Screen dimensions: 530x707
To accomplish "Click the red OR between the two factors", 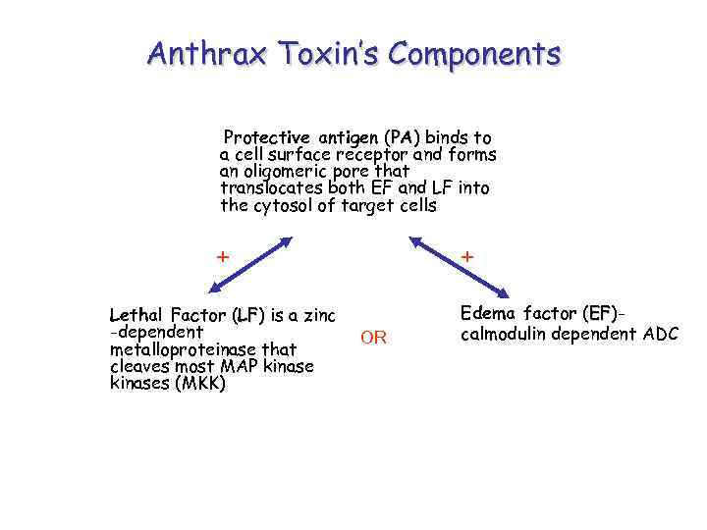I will click(x=373, y=339).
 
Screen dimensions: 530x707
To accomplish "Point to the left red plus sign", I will click(x=223, y=257).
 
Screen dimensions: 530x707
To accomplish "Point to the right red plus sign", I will click(x=467, y=257).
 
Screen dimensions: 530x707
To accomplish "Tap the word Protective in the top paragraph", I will click(x=267, y=137).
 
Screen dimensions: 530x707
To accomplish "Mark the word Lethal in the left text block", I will click(x=136, y=316).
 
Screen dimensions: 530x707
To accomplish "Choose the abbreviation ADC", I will click(x=660, y=334).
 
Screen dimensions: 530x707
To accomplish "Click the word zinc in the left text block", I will click(x=316, y=316).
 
